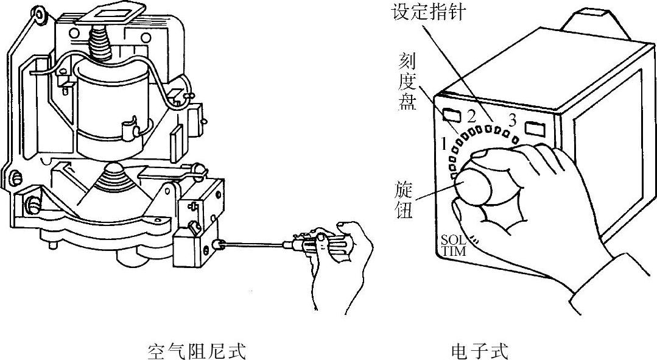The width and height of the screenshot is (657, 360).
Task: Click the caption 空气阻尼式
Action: coord(197,351)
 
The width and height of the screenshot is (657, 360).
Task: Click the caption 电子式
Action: coord(479,351)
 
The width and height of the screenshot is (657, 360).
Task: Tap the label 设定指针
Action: coord(428,12)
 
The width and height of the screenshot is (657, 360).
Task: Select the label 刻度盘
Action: coord(407,80)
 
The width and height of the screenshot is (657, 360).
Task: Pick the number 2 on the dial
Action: coord(471,115)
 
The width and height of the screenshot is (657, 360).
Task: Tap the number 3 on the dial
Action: coord(512,118)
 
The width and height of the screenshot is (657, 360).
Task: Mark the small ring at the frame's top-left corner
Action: coord(40,13)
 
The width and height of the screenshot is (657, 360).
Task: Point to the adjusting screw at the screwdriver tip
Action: coord(217,245)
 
